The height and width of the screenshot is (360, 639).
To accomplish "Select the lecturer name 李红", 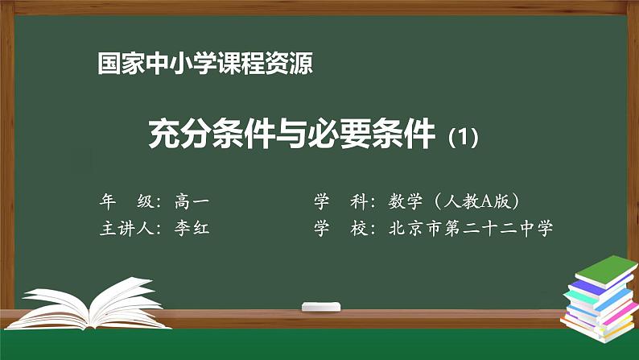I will click(192, 229).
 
